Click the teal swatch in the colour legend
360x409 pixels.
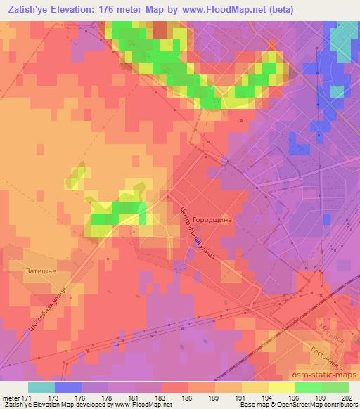pos(41,387)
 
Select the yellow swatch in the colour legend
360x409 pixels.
pos(281,387)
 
